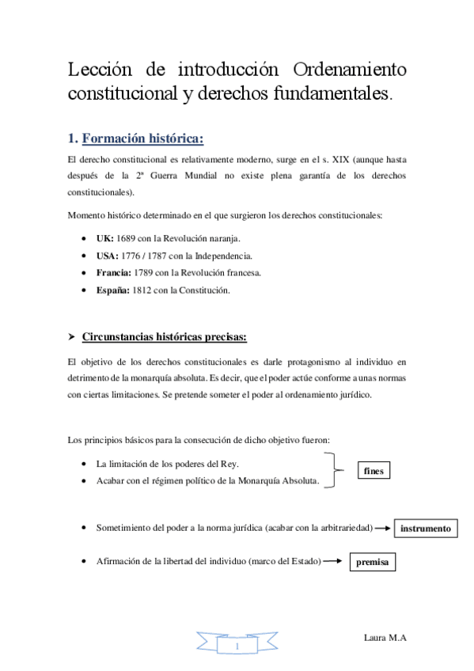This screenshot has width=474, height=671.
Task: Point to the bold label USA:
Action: click(x=108, y=256)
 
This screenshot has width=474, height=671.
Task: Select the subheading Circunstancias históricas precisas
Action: click(x=165, y=338)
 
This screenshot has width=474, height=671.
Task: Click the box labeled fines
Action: click(x=374, y=471)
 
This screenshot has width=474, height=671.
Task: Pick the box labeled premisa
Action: click(x=372, y=562)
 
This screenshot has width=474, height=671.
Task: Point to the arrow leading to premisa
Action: click(x=334, y=561)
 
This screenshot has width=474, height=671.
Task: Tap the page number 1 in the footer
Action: click(x=237, y=646)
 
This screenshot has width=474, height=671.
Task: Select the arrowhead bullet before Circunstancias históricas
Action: click(x=72, y=338)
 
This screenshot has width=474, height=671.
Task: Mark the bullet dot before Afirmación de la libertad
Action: click(x=85, y=561)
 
